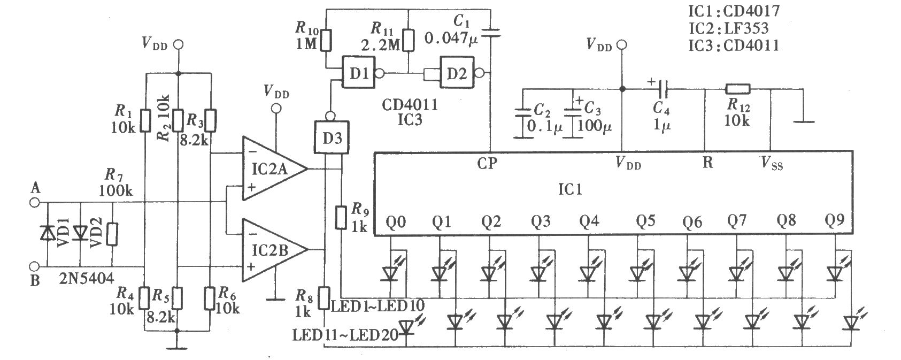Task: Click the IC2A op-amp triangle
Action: click(274, 168)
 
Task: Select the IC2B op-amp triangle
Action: click(274, 250)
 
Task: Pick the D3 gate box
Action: click(332, 137)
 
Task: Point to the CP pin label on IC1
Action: click(487, 163)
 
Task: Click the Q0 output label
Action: click(396, 221)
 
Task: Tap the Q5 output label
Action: click(645, 221)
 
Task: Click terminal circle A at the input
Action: click(35, 203)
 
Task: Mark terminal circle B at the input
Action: click(35, 266)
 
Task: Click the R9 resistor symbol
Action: click(341, 218)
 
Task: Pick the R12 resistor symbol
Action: click(737, 89)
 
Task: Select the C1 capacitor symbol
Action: click(490, 32)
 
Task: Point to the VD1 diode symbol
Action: click(48, 233)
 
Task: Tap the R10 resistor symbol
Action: click(326, 40)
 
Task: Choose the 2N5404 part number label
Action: click(87, 278)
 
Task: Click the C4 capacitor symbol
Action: click(663, 89)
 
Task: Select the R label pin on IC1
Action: click(707, 163)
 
